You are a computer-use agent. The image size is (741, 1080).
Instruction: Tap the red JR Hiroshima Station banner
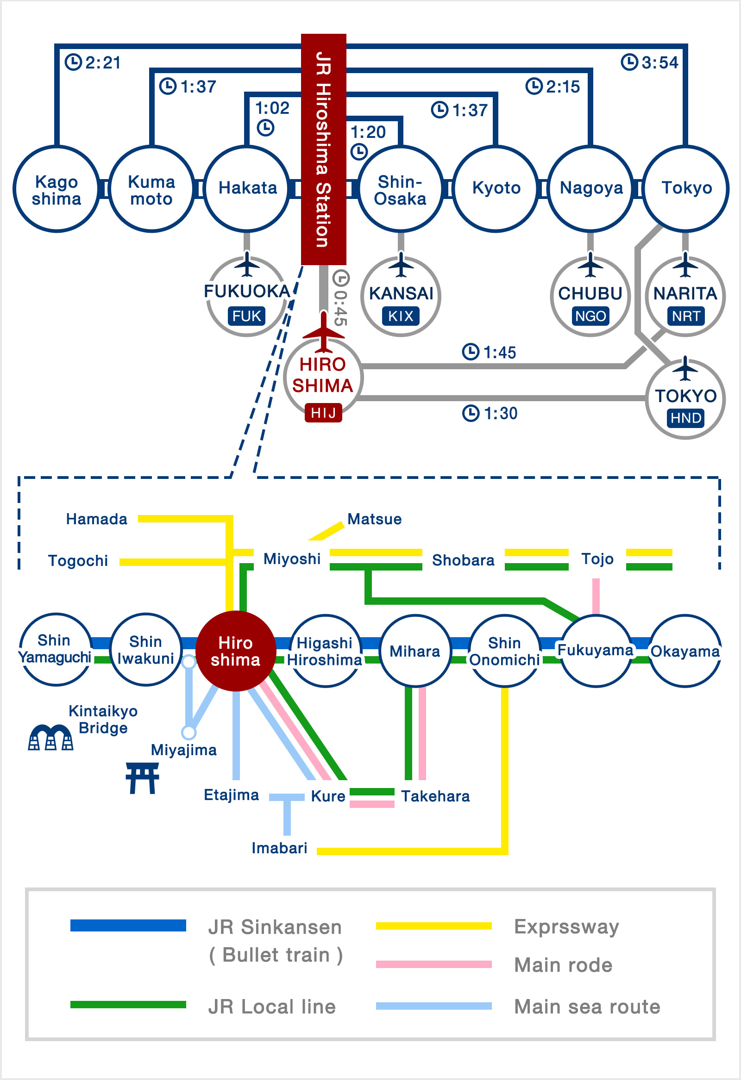pos(323,149)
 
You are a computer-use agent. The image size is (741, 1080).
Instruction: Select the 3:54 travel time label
pos(650,62)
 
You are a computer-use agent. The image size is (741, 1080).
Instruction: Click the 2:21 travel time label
pos(93,62)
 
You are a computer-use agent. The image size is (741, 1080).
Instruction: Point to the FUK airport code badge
pos(246,316)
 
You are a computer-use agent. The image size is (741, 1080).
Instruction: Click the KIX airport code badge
pos(401,316)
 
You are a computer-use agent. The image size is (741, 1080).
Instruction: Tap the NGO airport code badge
pos(590,316)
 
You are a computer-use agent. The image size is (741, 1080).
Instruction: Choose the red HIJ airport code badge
pos(323,413)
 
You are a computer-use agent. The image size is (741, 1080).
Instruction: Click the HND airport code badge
pos(685,418)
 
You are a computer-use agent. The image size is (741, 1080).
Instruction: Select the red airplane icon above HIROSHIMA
pos(323,332)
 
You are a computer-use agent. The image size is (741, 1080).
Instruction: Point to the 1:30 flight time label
pos(490,413)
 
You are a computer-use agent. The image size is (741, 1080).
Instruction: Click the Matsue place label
pos(375,519)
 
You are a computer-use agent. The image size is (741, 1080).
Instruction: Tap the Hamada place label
pos(97,519)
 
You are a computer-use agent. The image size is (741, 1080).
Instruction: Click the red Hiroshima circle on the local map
pos(236,651)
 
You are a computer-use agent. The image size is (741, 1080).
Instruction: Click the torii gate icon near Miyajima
pos(142,778)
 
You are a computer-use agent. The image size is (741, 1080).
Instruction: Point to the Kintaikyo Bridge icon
pos(50,737)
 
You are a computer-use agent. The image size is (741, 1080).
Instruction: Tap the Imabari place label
pos(280,848)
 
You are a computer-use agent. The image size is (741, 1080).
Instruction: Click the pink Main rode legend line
pos(433,964)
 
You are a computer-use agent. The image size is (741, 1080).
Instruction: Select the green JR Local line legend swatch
pos(128,1005)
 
